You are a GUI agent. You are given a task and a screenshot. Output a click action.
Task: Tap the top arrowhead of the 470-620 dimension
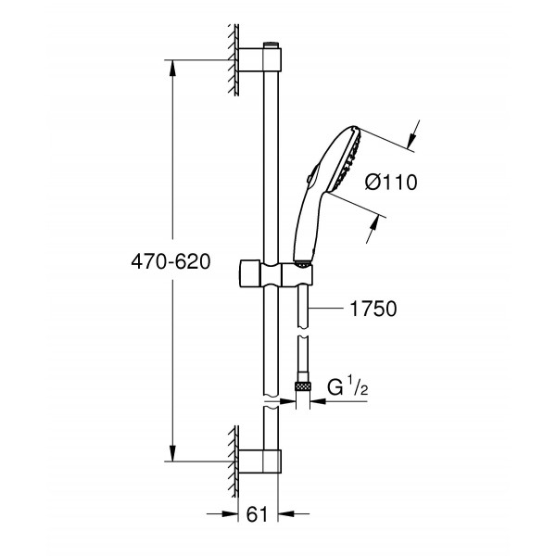point(172,67)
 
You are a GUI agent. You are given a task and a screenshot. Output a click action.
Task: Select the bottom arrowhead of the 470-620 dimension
point(172,453)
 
